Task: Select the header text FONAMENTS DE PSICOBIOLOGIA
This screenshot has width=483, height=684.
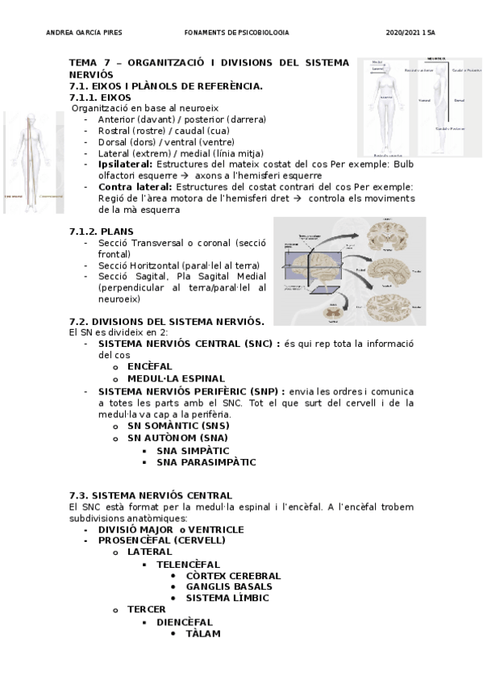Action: click(x=236, y=32)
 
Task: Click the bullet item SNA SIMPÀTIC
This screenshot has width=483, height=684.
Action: click(x=193, y=451)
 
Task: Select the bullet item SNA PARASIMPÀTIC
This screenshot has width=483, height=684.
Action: click(x=206, y=462)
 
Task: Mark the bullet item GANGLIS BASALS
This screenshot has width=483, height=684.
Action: click(x=223, y=586)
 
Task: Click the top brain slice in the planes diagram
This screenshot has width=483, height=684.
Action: click(x=385, y=237)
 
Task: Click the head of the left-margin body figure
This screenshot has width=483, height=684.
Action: click(x=32, y=118)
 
